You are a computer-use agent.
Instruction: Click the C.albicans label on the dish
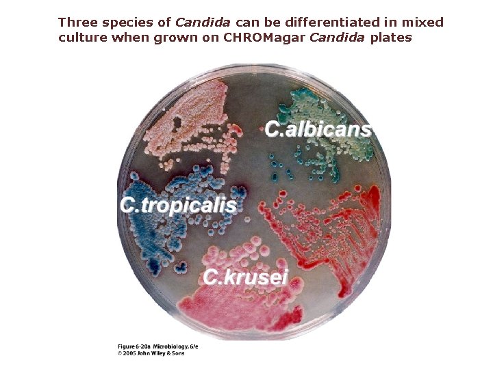point(318,129)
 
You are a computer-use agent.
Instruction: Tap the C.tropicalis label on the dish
point(179,205)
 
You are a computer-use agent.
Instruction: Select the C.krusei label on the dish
point(246,277)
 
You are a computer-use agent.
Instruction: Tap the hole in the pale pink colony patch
point(177,124)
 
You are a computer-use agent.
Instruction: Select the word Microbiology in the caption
point(170,346)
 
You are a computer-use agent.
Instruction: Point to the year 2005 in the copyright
point(129,353)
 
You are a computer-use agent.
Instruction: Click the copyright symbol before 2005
point(120,353)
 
